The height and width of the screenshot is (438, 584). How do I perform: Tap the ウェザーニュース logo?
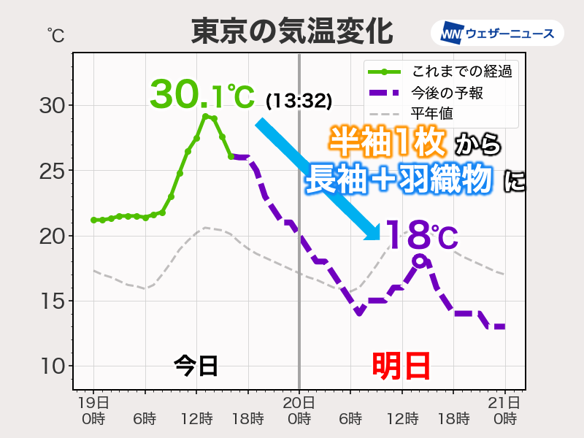[497, 33]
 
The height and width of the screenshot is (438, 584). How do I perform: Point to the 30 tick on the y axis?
[51, 106]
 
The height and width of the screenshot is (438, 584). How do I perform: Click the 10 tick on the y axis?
[51, 366]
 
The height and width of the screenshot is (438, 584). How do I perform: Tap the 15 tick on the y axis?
[51, 301]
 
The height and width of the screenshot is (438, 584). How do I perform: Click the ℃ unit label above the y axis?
[55, 34]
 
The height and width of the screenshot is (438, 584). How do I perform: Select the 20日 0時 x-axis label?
[299, 410]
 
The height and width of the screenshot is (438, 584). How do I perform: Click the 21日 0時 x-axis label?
[504, 410]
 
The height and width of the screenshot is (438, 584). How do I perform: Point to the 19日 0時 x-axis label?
[94, 410]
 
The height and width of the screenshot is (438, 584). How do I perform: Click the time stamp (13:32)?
[299, 99]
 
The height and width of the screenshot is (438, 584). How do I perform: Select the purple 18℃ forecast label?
[420, 235]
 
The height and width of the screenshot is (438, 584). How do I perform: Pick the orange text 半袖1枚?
[387, 142]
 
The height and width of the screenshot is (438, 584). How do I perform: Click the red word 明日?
[401, 365]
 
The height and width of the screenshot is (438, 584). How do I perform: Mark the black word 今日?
[196, 365]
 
